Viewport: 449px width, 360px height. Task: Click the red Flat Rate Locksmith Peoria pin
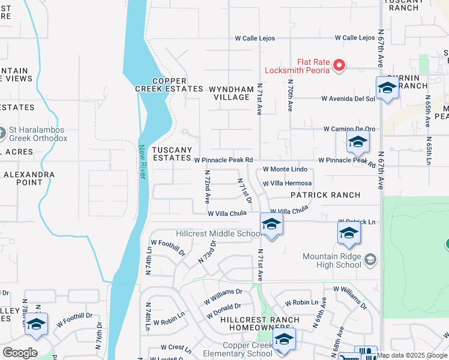point(339,65)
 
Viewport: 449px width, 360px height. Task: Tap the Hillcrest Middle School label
point(218,233)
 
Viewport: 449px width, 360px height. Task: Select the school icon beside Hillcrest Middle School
point(271,225)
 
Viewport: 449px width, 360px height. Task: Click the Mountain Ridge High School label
point(332,260)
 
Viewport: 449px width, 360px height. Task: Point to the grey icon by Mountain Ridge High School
point(370,259)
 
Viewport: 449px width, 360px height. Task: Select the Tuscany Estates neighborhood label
point(172,154)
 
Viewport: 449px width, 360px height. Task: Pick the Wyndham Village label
point(231,93)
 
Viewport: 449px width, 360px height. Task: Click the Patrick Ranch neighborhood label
point(325,195)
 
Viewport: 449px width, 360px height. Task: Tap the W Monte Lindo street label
point(285,170)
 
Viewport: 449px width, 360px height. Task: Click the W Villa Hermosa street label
point(287,183)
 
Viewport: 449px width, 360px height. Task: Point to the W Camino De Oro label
point(349,129)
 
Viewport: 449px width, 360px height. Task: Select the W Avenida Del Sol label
point(348,98)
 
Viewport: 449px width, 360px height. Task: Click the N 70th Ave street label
point(290,95)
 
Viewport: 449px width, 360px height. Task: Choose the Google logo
point(20,353)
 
